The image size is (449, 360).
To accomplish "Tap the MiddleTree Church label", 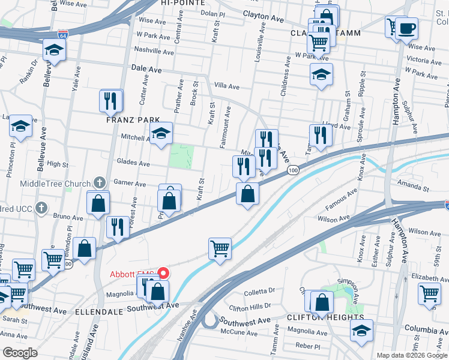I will point(56,183).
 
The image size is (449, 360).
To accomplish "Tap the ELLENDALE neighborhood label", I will point(100,313).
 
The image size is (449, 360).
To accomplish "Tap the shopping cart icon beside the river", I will point(220,248).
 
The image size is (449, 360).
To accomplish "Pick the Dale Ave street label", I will point(146,70).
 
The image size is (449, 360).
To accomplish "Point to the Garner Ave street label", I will point(130,184).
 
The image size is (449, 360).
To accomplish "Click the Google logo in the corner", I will point(20,353).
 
